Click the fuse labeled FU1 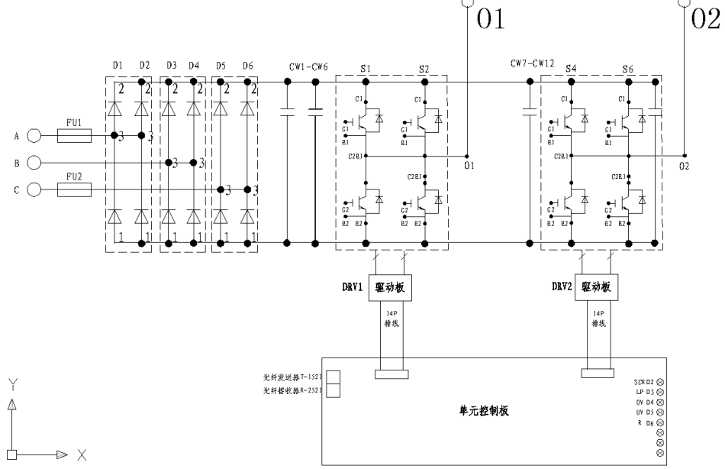click(74, 136)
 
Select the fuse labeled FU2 click(74, 189)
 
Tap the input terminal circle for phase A click(34, 136)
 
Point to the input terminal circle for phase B click(34, 163)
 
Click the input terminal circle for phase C click(34, 189)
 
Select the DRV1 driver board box click(390, 288)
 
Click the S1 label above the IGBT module click(366, 69)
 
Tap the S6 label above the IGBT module click(627, 69)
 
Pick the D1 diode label click(118, 66)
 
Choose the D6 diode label click(247, 66)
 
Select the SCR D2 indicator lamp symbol click(660, 380)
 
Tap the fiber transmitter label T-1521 click(290, 377)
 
